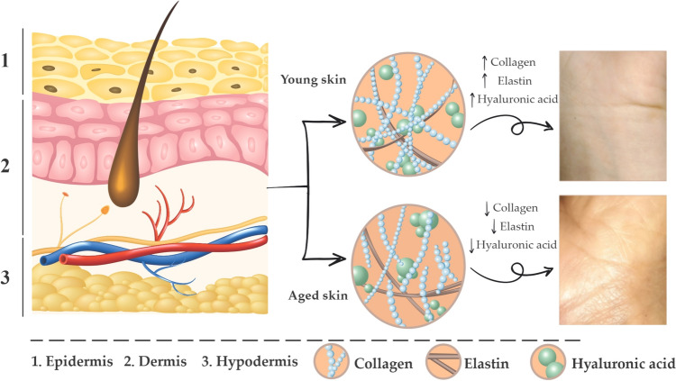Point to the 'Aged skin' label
click(x=315, y=296)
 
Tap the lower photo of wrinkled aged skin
click(x=615, y=260)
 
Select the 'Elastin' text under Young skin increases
click(x=517, y=80)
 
